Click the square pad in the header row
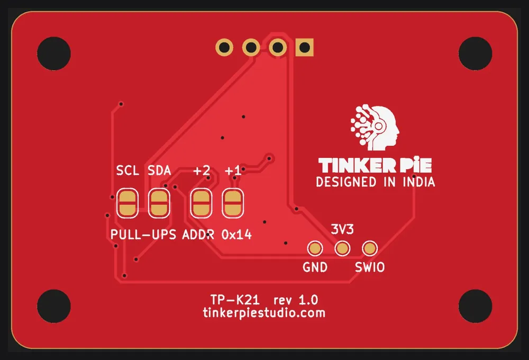pyautogui.click(x=304, y=47)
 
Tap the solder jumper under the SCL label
pyautogui.click(x=127, y=203)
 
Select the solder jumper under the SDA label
pyautogui.click(x=159, y=203)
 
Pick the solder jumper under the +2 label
pyautogui.click(x=201, y=203)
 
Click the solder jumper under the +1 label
pyautogui.click(x=233, y=203)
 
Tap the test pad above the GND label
pyautogui.click(x=315, y=248)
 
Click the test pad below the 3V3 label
pyautogui.click(x=342, y=248)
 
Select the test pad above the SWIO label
pyautogui.click(x=370, y=248)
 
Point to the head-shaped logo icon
pyautogui.click(x=375, y=128)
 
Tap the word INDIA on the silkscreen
pyautogui.click(x=418, y=182)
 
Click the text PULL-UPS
pyautogui.click(x=143, y=235)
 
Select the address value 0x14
pyautogui.click(x=236, y=235)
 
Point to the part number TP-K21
pyautogui.click(x=235, y=300)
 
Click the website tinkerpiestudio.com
pyautogui.click(x=264, y=313)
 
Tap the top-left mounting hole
pyautogui.click(x=54, y=53)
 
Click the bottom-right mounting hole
pyautogui.click(x=475, y=306)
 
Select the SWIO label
pyautogui.click(x=370, y=267)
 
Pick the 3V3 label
pyautogui.click(x=342, y=230)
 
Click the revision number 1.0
pyautogui.click(x=308, y=300)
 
